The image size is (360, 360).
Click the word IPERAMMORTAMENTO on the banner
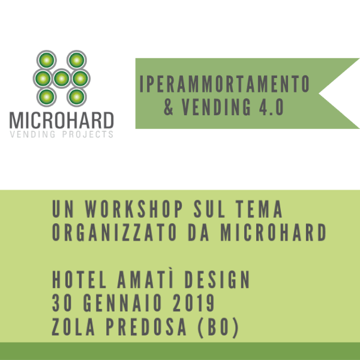pyautogui.click(x=224, y=83)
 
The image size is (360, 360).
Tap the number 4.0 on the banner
pyautogui.click(x=271, y=107)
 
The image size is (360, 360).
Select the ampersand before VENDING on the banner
pyautogui.click(x=169, y=107)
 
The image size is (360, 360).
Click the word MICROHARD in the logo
pyautogui.click(x=62, y=121)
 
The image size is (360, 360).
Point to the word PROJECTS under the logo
pyautogui.click(x=88, y=134)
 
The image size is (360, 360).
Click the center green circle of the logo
pyautogui.click(x=62, y=79)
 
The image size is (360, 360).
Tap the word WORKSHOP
pyautogui.click(x=134, y=209)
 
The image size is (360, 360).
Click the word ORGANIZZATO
pyautogui.click(x=115, y=232)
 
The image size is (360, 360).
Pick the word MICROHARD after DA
pyautogui.click(x=273, y=232)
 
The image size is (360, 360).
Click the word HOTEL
pyautogui.click(x=79, y=280)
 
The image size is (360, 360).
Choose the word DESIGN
pyautogui.click(x=217, y=280)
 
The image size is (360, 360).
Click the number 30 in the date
pyautogui.click(x=62, y=303)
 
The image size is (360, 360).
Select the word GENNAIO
pyautogui.click(x=122, y=303)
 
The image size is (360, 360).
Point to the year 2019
pyautogui.click(x=194, y=303)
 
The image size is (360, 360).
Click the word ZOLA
pyautogui.click(x=73, y=327)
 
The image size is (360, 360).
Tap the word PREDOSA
pyautogui.click(x=146, y=327)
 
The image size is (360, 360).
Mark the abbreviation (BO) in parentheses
pyautogui.click(x=218, y=328)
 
